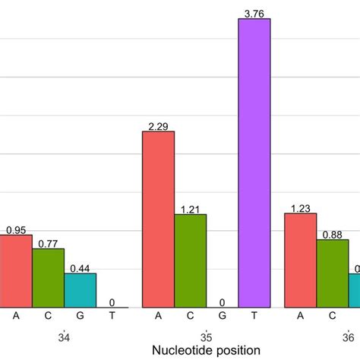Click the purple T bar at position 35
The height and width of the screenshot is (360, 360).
click(x=254, y=163)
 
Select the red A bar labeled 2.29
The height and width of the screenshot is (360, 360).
click(x=159, y=219)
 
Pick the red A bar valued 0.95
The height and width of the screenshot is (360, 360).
click(x=16, y=270)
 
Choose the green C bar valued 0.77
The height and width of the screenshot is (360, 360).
click(x=48, y=277)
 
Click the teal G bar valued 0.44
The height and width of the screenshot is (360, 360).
click(x=80, y=290)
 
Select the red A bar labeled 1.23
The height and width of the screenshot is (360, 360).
click(x=300, y=260)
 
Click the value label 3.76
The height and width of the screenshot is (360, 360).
click(x=254, y=12)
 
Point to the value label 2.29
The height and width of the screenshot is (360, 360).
click(x=159, y=126)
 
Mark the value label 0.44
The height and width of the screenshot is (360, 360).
click(x=80, y=268)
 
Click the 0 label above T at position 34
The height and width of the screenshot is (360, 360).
click(x=112, y=302)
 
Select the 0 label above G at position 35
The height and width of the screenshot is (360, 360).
click(x=222, y=302)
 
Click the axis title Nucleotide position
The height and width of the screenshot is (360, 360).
click(x=206, y=350)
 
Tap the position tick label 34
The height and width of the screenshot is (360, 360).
click(x=64, y=335)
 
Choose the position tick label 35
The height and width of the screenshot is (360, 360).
click(x=206, y=335)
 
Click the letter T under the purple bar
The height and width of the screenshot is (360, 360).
click(x=254, y=316)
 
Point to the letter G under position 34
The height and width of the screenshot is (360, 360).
click(x=80, y=316)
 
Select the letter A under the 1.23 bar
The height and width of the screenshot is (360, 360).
click(x=300, y=316)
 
